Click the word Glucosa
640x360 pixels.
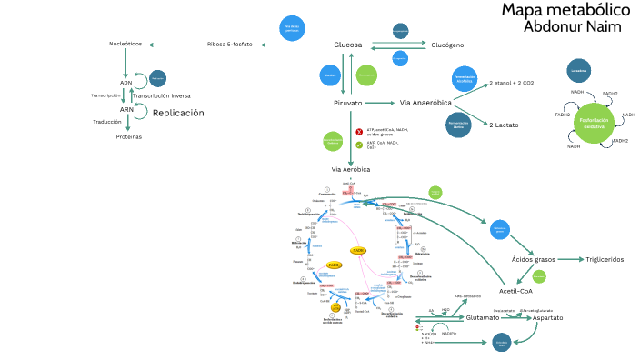point(348,45)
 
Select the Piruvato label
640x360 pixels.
point(347,103)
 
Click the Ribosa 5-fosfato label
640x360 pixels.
point(230,45)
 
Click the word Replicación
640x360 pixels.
point(178,113)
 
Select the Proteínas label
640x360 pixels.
point(128,136)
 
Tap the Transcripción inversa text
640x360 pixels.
point(162,95)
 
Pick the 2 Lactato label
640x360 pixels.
point(504,125)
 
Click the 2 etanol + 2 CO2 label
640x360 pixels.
point(512,83)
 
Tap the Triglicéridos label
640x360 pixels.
point(605,259)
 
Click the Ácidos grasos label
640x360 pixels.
point(533,259)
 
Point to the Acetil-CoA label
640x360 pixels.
point(515,291)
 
